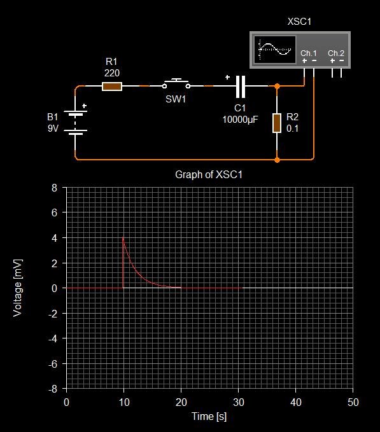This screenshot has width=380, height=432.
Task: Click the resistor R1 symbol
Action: coord(112,87)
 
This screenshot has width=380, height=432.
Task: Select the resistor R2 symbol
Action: coord(277,123)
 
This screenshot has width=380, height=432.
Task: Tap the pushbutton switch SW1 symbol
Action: coord(176,84)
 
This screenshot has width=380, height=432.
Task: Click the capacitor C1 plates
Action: coord(241,87)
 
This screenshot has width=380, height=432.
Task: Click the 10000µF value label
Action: coord(240,120)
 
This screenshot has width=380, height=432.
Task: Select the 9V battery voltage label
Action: coord(53,129)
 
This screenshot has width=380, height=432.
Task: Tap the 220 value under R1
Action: coord(112,73)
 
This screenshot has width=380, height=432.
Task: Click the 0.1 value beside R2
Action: coord(292,129)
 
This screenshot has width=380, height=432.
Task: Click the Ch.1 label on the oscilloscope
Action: coord(308,53)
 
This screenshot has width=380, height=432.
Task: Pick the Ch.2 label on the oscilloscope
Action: coord(336,53)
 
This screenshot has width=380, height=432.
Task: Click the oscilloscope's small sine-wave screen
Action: coord(274,50)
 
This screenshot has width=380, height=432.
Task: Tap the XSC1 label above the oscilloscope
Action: coord(299,22)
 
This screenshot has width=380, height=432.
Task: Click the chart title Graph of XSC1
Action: coord(209,174)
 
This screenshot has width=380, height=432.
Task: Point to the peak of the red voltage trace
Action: coord(123,237)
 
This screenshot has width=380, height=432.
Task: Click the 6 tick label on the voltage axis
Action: coord(54,213)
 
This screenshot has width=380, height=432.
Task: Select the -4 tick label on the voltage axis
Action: coord(53,338)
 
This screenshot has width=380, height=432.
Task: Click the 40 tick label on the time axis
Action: coord(296,402)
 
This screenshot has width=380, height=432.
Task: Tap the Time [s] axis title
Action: coord(209,416)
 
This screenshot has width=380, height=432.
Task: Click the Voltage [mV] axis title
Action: coord(17,288)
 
